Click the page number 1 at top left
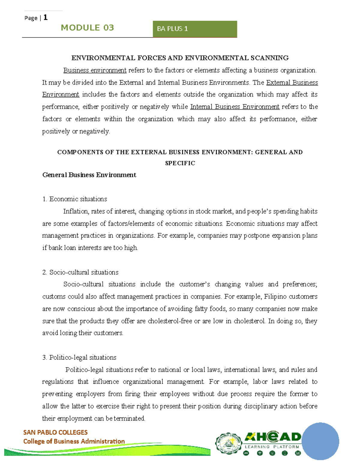[45, 17]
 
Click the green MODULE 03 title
[87, 28]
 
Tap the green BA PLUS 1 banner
[195, 29]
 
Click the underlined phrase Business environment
[95, 70]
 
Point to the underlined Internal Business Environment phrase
[235, 107]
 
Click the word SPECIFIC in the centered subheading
[180, 163]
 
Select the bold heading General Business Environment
[89, 175]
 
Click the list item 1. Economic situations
[75, 199]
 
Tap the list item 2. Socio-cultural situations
[80, 272]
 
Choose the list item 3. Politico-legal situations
[79, 357]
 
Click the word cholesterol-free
[170, 321]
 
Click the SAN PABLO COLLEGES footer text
[55, 432]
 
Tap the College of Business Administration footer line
[74, 441]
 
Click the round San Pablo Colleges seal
[229, 443]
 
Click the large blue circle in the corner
[320, 441]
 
